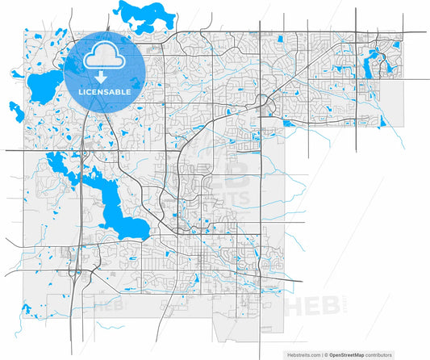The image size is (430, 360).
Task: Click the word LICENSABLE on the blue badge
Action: (104, 92)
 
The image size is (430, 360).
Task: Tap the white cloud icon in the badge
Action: (104, 55)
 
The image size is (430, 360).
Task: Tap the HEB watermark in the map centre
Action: (230, 174)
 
